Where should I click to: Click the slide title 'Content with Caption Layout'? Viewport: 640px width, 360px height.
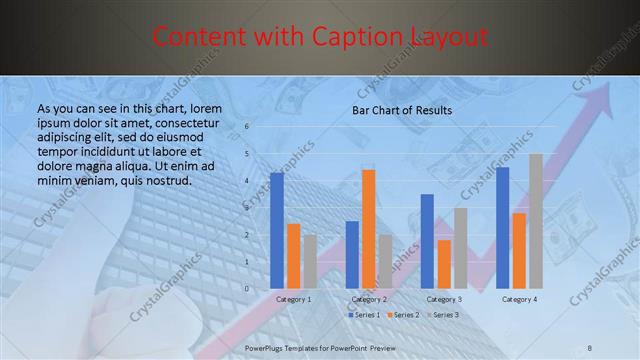320,38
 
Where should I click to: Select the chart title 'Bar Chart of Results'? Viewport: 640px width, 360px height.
401,110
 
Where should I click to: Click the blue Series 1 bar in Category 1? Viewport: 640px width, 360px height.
277,230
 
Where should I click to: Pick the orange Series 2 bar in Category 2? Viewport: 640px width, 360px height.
368,229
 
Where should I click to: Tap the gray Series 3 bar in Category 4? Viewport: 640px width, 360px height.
536,221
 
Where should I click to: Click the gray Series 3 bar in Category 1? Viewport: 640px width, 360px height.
310,261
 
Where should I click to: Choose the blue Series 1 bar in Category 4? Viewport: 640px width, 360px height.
502,228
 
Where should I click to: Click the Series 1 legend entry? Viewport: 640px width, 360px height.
363,315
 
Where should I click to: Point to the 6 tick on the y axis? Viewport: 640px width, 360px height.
246,127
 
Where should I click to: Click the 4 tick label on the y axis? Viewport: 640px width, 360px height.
246,181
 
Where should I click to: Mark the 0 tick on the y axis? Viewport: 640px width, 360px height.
246,289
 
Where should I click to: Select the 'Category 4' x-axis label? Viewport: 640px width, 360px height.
519,299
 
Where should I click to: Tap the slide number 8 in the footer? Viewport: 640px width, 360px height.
589,346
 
